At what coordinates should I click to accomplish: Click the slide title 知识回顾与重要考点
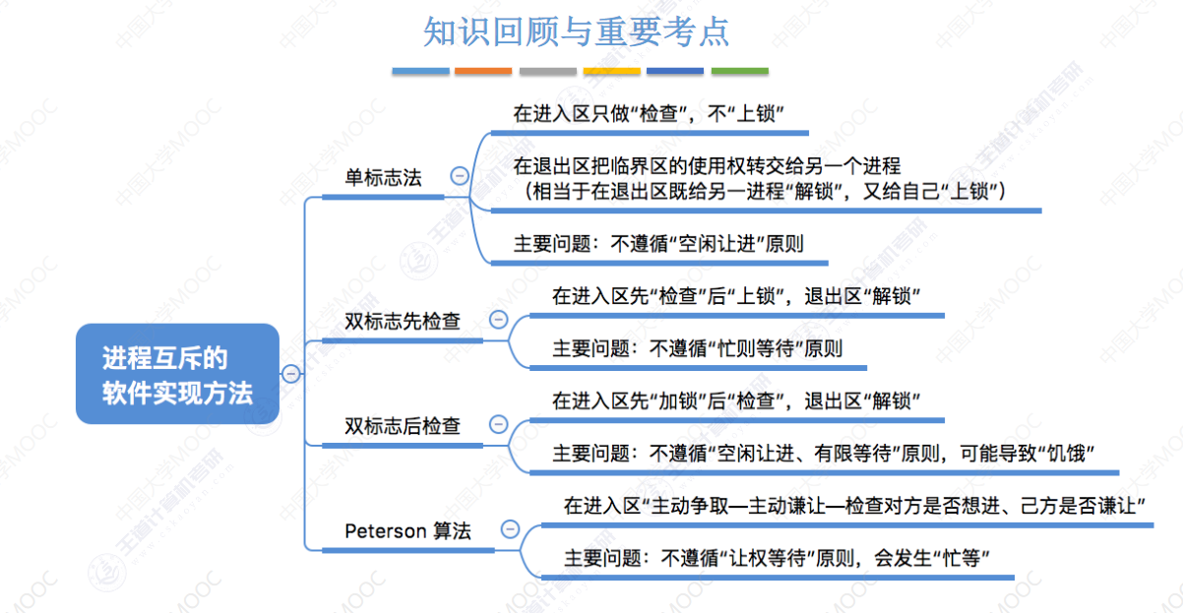tap(577, 31)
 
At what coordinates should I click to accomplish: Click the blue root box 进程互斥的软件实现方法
tap(178, 375)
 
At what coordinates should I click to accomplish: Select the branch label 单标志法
tap(383, 178)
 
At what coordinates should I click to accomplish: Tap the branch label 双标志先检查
tap(403, 321)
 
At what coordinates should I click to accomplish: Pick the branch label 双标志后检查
tap(403, 426)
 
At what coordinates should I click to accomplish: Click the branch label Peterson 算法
tap(407, 531)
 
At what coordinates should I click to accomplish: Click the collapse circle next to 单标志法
tap(459, 176)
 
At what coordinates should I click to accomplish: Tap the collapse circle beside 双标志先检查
tap(498, 320)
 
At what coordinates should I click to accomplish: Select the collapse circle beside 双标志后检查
tap(498, 425)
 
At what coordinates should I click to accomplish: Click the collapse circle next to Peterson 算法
tap(510, 528)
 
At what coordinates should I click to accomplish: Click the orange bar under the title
tap(483, 72)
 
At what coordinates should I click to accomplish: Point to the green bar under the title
tap(740, 72)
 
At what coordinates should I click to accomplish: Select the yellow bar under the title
tap(612, 72)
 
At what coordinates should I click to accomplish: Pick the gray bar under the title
tap(547, 72)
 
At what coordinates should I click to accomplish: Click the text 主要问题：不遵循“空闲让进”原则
tap(658, 243)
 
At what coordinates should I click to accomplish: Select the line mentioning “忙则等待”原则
tap(697, 348)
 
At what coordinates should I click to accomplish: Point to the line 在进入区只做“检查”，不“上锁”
tap(648, 113)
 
